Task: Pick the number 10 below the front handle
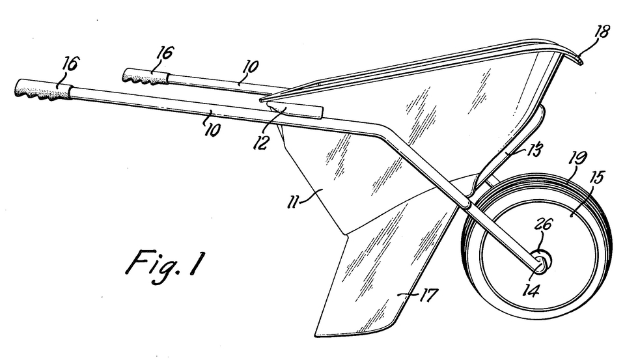211,128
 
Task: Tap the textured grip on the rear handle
145,78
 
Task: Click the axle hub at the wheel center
540,261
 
